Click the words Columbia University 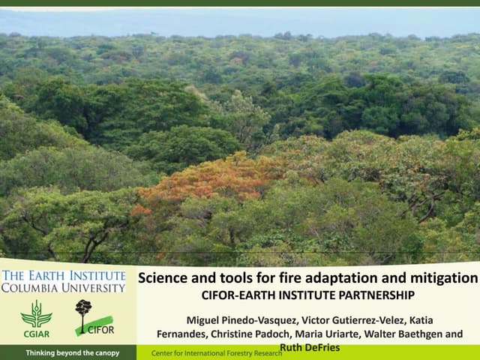coord(63,287)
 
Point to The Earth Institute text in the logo coord(63,274)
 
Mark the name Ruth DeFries coord(308,347)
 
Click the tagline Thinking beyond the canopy coord(72,352)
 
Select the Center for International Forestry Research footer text coord(217,352)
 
